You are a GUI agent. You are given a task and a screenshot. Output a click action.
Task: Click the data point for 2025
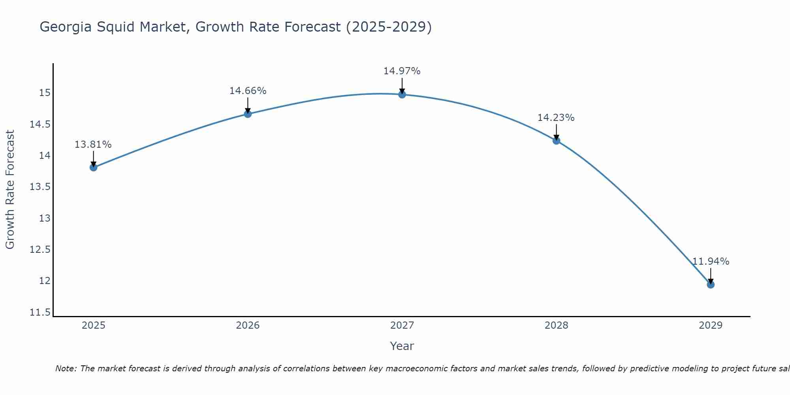pyautogui.click(x=94, y=167)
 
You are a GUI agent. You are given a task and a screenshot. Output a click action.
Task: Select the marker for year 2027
pyautogui.click(x=402, y=94)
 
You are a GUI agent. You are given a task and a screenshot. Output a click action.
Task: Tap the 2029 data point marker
pyautogui.click(x=711, y=284)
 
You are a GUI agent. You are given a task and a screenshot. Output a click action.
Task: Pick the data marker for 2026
pyautogui.click(x=248, y=114)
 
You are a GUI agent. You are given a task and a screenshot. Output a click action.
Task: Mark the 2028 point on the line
pyautogui.click(x=556, y=141)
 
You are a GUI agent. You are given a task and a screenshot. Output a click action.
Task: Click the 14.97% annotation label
pyautogui.click(x=402, y=71)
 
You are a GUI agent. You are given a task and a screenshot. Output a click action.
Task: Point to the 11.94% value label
pyautogui.click(x=711, y=261)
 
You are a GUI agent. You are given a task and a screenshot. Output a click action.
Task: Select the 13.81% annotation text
pyautogui.click(x=93, y=145)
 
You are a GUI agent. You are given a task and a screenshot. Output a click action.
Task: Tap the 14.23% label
pyautogui.click(x=556, y=118)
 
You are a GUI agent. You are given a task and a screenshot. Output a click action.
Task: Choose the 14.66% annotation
pyautogui.click(x=248, y=91)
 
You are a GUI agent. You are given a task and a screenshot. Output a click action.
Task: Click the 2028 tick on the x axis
pyautogui.click(x=556, y=325)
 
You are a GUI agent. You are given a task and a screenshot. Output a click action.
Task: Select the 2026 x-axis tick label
pyautogui.click(x=248, y=325)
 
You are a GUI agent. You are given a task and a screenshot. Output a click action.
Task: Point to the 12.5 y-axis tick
pyautogui.click(x=40, y=250)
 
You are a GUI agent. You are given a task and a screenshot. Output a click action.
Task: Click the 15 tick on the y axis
pyautogui.click(x=45, y=93)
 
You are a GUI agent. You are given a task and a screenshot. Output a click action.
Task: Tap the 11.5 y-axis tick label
pyautogui.click(x=40, y=312)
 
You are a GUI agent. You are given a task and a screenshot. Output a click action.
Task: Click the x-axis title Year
pyautogui.click(x=402, y=346)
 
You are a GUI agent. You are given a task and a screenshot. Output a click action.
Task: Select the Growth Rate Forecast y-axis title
pyautogui.click(x=10, y=190)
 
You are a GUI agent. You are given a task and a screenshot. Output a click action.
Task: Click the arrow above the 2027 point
pyautogui.click(x=402, y=86)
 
